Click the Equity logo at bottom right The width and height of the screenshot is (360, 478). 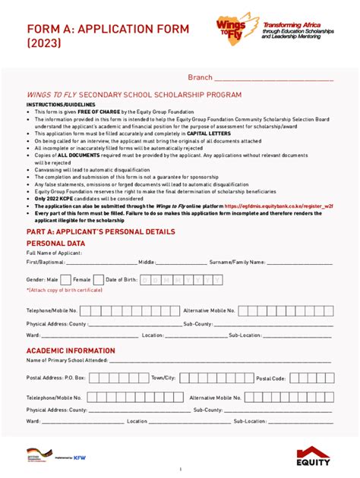click(314, 458)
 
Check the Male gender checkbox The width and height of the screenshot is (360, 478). click(65, 280)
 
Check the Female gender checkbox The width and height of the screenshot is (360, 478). click(97, 280)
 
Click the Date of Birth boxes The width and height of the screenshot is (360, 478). click(182, 280)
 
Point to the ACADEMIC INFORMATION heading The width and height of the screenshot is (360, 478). click(71, 351)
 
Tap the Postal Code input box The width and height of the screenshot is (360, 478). click(311, 378)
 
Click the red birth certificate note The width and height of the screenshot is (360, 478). click(65, 290)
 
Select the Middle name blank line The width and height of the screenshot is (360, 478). click(182, 263)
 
